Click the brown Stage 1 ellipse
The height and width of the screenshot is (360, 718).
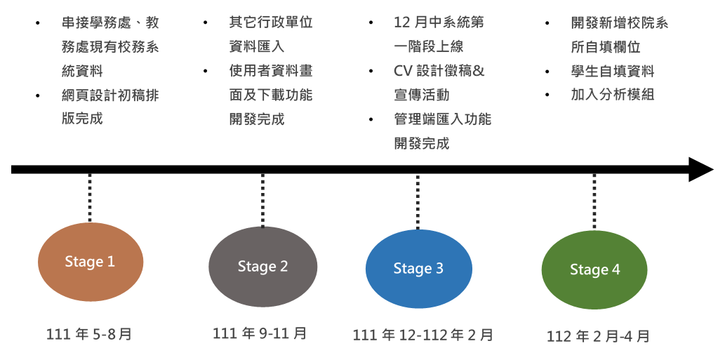coord(90,262)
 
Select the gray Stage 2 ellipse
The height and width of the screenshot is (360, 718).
coord(262,267)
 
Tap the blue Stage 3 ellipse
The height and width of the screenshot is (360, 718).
coord(418,269)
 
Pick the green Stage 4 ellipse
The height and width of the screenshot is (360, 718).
coord(594,270)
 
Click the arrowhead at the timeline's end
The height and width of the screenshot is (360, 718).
coord(700,169)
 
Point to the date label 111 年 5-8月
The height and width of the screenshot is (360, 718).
coord(89,334)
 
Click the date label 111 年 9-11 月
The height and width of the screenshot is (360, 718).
coord(260,333)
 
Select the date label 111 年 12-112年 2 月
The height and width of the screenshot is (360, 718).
coord(423,335)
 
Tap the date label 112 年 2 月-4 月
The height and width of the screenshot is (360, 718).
coord(599,336)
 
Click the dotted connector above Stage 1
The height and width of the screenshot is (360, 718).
coord(90,198)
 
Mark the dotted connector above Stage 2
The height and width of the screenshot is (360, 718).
coord(262,201)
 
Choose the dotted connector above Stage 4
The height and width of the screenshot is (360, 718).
coord(594,202)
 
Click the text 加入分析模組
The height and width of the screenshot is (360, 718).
coord(613,94)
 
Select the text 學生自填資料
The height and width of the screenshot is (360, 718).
coord(613,71)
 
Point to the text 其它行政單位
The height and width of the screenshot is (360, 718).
coord(271,22)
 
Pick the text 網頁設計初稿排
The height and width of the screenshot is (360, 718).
coord(110,95)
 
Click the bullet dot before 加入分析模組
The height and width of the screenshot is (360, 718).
coord(547,95)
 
